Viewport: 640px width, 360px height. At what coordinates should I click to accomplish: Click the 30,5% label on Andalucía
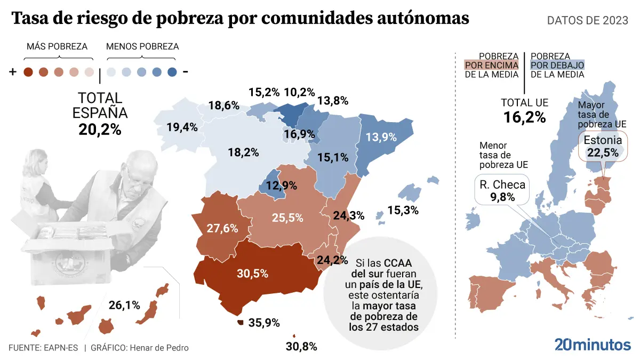pyautogui.click(x=253, y=274)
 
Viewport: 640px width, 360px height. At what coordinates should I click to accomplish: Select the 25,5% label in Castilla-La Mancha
pyautogui.click(x=288, y=218)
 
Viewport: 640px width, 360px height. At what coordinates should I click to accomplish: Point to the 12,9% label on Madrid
pyautogui.click(x=282, y=187)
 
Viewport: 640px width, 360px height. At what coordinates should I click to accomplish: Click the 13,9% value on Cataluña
pyautogui.click(x=381, y=137)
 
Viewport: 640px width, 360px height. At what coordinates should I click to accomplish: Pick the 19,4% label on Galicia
pyautogui.click(x=182, y=127)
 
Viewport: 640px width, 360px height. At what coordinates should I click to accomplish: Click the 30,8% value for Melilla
pyautogui.click(x=301, y=347)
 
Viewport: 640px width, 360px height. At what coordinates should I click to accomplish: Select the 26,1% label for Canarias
pyautogui.click(x=124, y=306)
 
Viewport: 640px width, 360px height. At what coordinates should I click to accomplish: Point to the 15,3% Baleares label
pyautogui.click(x=403, y=210)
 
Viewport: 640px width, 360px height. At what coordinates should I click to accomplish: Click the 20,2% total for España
pyautogui.click(x=100, y=129)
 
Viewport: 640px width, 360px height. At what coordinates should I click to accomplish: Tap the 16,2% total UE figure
pyautogui.click(x=525, y=117)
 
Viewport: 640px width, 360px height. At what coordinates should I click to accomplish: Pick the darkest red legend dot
pyautogui.click(x=29, y=73)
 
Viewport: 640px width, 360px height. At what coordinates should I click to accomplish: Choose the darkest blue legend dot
pyautogui.click(x=172, y=73)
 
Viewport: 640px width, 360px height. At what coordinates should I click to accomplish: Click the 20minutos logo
pyautogui.click(x=593, y=345)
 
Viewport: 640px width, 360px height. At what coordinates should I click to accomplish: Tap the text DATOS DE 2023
pyautogui.click(x=588, y=20)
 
